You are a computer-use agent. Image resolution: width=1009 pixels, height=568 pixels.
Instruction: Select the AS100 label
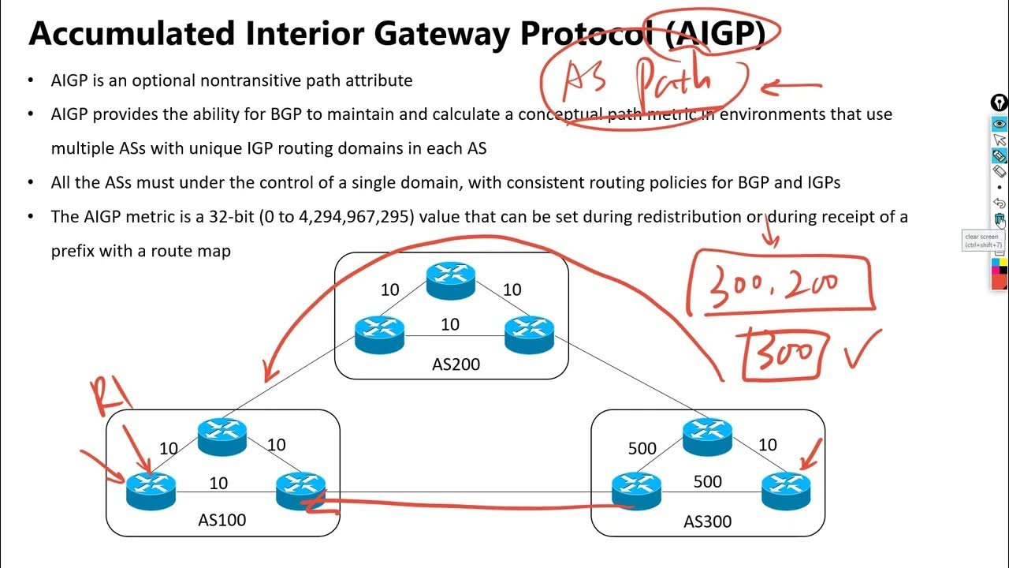(x=222, y=519)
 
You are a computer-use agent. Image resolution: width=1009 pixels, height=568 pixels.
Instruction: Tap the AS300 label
(x=708, y=521)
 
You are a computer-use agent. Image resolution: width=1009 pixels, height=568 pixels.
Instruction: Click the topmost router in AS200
(x=450, y=278)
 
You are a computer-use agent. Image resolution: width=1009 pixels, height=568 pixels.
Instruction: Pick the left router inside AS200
(x=379, y=334)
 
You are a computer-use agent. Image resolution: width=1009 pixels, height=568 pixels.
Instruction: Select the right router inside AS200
(x=529, y=334)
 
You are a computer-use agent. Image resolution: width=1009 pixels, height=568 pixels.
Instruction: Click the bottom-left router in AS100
(x=151, y=489)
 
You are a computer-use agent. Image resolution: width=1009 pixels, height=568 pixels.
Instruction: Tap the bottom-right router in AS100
(x=300, y=489)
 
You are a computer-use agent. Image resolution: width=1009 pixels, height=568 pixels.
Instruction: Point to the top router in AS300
(x=707, y=436)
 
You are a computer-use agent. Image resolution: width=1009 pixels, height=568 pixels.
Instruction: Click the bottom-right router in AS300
(x=786, y=489)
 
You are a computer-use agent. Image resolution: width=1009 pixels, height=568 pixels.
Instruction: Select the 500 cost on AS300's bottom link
(x=707, y=481)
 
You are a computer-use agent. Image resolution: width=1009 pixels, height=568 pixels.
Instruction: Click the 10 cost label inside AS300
(x=767, y=445)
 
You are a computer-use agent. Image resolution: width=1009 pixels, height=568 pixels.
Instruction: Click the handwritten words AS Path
(x=637, y=81)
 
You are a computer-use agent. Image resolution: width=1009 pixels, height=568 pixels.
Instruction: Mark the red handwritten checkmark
(x=862, y=349)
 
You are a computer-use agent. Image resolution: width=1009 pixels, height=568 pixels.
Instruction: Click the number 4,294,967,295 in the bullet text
(x=356, y=216)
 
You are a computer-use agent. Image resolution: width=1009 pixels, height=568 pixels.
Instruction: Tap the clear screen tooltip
(x=981, y=241)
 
